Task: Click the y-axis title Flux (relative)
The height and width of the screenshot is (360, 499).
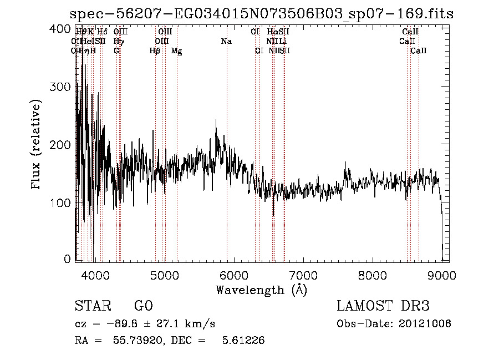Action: (x=37, y=145)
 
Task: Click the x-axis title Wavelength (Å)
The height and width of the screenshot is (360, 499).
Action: (x=261, y=290)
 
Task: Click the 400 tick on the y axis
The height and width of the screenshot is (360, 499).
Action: (x=62, y=29)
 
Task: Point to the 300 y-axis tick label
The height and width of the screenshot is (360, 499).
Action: (x=62, y=87)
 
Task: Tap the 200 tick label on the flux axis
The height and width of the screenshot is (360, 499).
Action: (x=62, y=145)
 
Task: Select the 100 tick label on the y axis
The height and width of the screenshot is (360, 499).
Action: (x=62, y=203)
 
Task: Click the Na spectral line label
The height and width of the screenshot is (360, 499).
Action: (x=226, y=42)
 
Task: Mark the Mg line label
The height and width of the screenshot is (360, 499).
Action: (x=177, y=51)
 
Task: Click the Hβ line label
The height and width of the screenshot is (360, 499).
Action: (x=155, y=51)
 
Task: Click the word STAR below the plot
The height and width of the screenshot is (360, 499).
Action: (x=91, y=306)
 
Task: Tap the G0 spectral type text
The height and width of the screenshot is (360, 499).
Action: (x=144, y=306)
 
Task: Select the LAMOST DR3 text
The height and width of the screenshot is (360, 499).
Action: (x=383, y=306)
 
